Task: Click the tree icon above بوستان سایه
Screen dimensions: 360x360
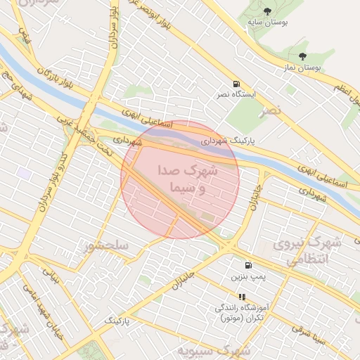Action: pyautogui.click(x=267, y=10)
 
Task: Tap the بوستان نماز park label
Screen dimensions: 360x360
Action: pyautogui.click(x=302, y=68)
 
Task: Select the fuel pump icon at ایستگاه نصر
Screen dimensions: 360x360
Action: pyautogui.click(x=233, y=82)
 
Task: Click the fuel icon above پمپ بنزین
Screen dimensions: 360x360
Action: pyautogui.click(x=248, y=265)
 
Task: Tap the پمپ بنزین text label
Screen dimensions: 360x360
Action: pyautogui.click(x=250, y=277)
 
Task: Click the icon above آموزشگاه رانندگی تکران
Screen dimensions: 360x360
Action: pyautogui.click(x=242, y=297)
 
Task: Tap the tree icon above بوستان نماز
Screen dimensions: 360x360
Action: pyautogui.click(x=302, y=56)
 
